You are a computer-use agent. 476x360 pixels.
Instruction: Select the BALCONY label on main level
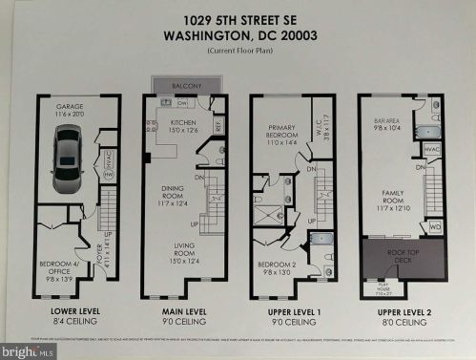pyautogui.click(x=184, y=86)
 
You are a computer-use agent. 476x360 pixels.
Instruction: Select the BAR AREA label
pyautogui.click(x=385, y=122)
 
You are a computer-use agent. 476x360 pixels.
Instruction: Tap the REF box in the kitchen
pyautogui.click(x=218, y=125)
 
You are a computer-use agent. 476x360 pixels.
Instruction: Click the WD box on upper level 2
pyautogui.click(x=435, y=227)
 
